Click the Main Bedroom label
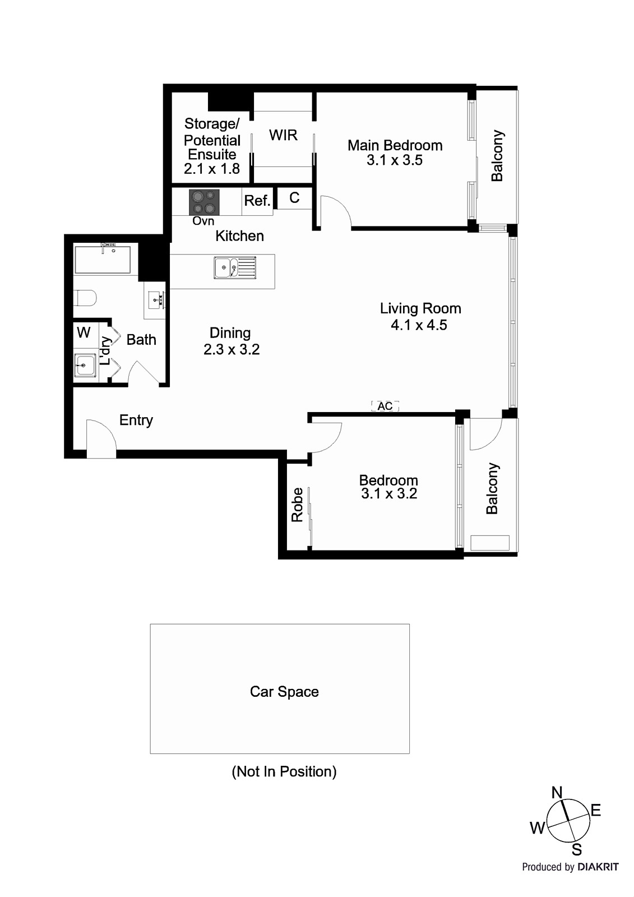coord(395,145)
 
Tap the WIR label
coord(283,135)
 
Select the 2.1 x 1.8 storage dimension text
coord(212,169)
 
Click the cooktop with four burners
coord(204,202)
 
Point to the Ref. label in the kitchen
coord(257,201)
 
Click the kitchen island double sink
coord(234,267)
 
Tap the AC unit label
coord(385,406)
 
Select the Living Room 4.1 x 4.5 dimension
coord(419,325)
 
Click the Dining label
coord(230,333)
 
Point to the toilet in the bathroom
coord(85,298)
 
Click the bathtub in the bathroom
coord(103,260)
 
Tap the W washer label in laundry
coord(84,332)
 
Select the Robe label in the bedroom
coord(298,505)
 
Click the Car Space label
coord(284,692)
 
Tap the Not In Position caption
coord(284,771)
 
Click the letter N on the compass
coord(557,792)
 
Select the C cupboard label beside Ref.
coord(294,197)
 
